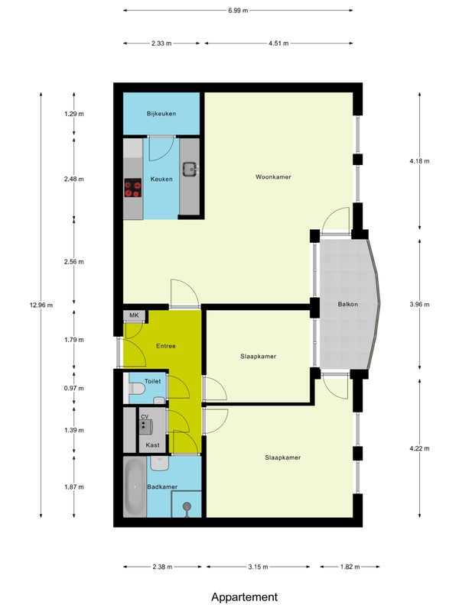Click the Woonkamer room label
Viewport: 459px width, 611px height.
[x=273, y=177]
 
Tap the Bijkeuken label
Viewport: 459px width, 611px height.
[x=161, y=114]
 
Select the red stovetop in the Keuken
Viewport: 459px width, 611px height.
[x=132, y=188]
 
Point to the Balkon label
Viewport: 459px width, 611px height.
[x=348, y=304]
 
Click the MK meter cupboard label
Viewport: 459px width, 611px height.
[x=134, y=315]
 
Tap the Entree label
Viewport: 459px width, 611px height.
[x=166, y=346]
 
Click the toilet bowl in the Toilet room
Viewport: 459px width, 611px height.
[x=136, y=389]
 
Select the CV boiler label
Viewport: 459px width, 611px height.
[x=145, y=416]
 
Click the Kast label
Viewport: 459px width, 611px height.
[x=152, y=445]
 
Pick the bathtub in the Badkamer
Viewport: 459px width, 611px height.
[x=135, y=487]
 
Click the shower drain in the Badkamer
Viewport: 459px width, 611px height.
[x=187, y=506]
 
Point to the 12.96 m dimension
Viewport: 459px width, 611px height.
[x=41, y=305]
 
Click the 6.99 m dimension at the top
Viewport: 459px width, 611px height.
[x=238, y=11]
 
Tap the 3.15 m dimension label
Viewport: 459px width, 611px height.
[x=258, y=567]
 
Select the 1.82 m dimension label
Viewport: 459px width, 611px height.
[x=350, y=567]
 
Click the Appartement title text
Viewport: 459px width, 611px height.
[x=245, y=597]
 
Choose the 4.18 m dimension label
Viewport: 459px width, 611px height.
[x=419, y=161]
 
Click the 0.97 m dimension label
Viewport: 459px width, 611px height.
[x=74, y=388]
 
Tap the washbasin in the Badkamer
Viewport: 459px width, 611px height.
[x=160, y=464]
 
